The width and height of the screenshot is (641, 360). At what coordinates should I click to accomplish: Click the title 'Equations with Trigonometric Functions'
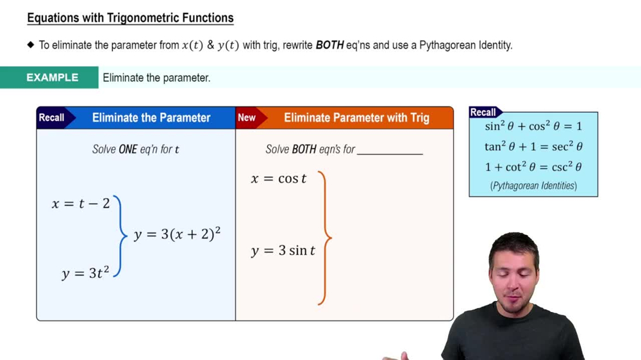point(130,18)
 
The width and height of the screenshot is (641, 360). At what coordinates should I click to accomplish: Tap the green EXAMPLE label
point(52,78)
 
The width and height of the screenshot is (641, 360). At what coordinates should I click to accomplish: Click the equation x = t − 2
point(81,204)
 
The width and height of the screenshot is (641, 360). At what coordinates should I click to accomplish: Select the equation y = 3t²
point(85,273)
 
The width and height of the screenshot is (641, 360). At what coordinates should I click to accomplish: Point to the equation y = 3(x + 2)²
point(177,234)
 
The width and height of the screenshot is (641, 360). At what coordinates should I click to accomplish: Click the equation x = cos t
point(279,179)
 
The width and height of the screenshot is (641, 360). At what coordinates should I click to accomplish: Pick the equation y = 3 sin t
point(283,250)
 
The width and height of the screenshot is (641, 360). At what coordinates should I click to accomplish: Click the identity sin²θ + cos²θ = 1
point(533,126)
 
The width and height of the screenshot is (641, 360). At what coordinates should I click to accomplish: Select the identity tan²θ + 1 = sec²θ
point(533,147)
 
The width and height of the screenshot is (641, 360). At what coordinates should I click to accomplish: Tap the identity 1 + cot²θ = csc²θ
point(533,167)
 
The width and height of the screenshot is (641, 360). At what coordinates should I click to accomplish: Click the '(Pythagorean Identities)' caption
point(533,186)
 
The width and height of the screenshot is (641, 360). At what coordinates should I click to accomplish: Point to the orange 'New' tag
point(247,117)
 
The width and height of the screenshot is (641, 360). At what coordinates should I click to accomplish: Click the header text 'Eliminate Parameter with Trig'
point(356,118)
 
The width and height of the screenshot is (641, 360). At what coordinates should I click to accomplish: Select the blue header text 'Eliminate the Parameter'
point(151,118)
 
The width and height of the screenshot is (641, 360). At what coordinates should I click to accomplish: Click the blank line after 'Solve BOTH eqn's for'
point(390,151)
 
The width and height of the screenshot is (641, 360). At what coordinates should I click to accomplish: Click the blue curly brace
point(120,236)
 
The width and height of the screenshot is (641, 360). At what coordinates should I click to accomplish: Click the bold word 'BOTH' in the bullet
point(329,45)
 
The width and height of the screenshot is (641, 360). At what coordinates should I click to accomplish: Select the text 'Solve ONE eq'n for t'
point(136,149)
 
